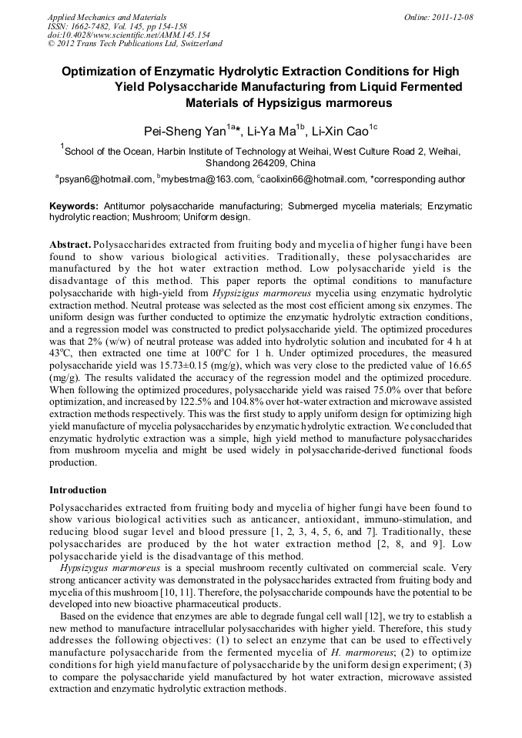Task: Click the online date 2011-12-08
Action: click(455, 16)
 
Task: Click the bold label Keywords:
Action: click(74, 206)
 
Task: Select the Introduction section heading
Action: click(79, 490)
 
